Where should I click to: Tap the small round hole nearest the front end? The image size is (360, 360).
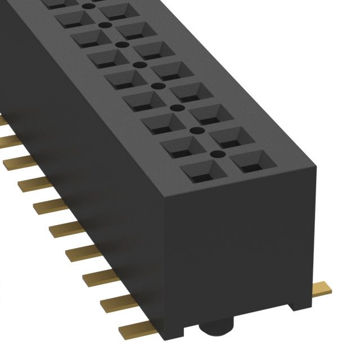point(214,153)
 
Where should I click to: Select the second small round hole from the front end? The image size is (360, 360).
point(197,130)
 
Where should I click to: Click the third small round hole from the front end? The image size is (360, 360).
point(177,107)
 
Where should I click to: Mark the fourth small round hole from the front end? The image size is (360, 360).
point(159,87)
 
